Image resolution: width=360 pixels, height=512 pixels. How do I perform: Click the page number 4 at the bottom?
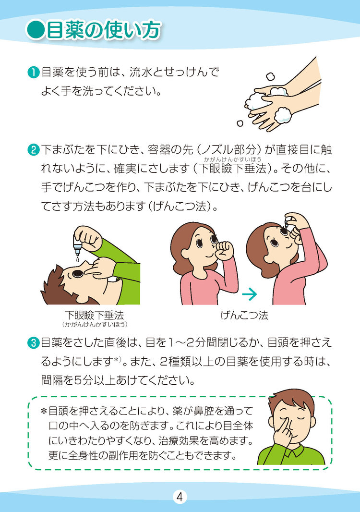click(180, 497)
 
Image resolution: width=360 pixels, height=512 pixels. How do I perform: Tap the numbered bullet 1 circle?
click(33, 72)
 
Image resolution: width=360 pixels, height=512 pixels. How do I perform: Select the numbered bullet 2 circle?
click(33, 150)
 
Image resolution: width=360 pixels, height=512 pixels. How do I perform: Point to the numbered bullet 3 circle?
click(33, 343)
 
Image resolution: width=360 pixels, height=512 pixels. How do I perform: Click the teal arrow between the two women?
click(249, 294)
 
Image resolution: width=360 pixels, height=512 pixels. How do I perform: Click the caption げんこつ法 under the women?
click(244, 315)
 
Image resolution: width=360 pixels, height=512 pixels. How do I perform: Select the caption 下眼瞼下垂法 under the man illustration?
click(95, 315)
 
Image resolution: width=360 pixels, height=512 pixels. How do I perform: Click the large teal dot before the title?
click(35, 30)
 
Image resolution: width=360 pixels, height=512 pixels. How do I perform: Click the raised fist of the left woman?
click(225, 250)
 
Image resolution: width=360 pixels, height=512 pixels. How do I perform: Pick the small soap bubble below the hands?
click(240, 123)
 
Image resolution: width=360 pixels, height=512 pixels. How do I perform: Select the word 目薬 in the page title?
click(65, 30)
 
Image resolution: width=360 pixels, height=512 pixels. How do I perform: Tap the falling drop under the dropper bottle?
click(77, 259)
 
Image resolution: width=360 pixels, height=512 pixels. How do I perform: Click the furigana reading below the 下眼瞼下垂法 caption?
click(95, 325)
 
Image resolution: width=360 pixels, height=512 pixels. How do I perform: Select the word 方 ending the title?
click(151, 30)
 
